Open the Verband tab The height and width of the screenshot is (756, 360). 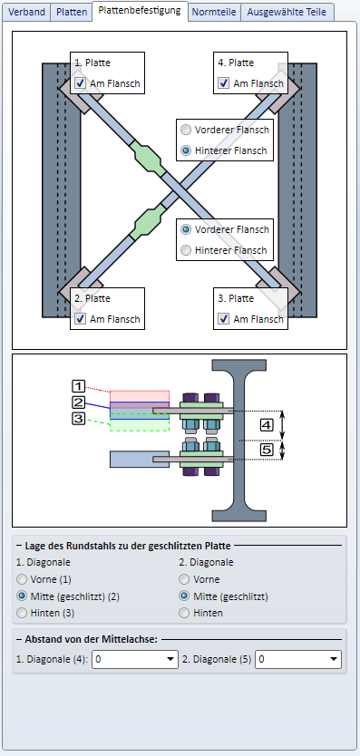[x=26, y=13]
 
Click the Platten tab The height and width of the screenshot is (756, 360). [x=72, y=13]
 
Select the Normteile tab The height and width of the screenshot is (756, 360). [x=214, y=13]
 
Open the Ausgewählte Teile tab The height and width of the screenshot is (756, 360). [x=287, y=13]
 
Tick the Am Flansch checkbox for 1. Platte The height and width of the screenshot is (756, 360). [x=80, y=83]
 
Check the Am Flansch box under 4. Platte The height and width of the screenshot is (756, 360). [x=223, y=83]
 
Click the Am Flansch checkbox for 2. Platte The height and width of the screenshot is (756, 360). [x=80, y=319]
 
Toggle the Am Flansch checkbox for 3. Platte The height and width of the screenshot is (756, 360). [x=223, y=319]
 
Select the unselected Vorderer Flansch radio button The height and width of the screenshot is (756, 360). [x=185, y=130]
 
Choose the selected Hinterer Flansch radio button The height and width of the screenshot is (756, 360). [x=185, y=150]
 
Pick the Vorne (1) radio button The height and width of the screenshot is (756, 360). [x=22, y=579]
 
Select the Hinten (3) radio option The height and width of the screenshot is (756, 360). [x=22, y=614]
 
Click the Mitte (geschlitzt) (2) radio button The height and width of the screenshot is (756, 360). [x=22, y=596]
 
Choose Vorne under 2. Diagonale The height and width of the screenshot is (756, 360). [x=184, y=579]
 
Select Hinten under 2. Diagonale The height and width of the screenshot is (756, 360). [x=184, y=614]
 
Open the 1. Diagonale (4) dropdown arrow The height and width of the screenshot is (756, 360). [x=170, y=660]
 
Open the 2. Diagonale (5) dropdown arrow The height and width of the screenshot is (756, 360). [x=334, y=660]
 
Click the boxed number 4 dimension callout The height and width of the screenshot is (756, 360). [x=267, y=425]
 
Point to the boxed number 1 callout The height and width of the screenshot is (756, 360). [x=79, y=386]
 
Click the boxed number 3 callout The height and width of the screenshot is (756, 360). [x=79, y=419]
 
